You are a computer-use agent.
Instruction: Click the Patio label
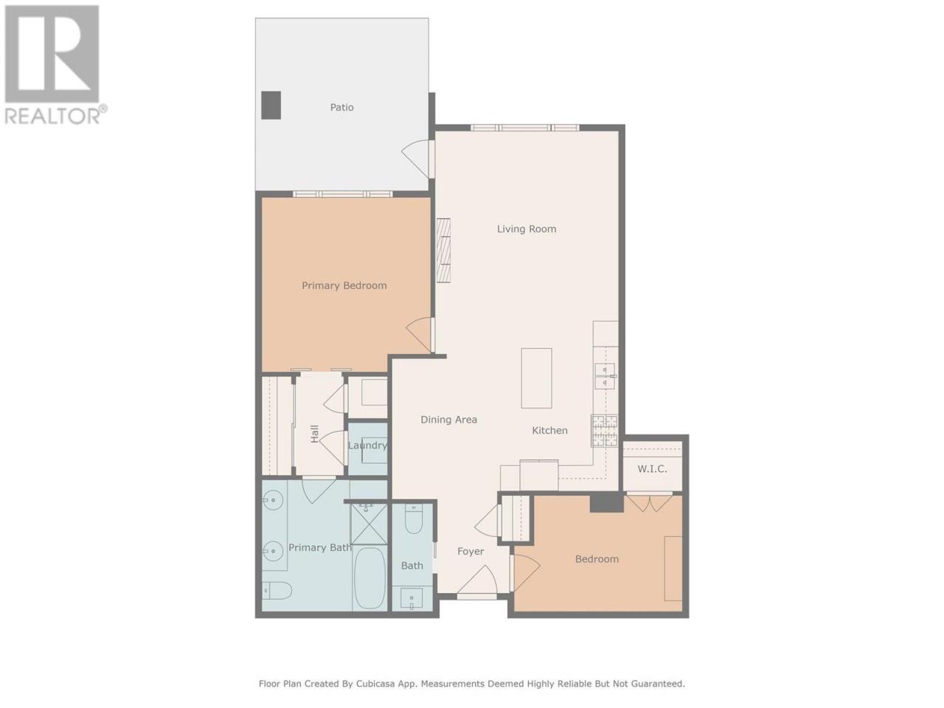click(x=341, y=107)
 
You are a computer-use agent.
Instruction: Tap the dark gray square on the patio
click(x=271, y=105)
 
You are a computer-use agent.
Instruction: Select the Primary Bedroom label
click(x=344, y=285)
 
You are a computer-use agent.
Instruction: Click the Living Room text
click(x=527, y=229)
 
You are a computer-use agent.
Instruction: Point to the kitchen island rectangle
click(x=536, y=378)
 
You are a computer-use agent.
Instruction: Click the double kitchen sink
click(x=605, y=375)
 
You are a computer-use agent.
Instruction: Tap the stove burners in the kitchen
click(x=604, y=430)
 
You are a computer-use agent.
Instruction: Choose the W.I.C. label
click(x=652, y=469)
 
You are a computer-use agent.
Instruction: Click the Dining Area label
click(x=448, y=420)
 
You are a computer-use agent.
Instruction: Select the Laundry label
click(x=367, y=445)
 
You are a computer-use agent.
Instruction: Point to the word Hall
click(x=314, y=434)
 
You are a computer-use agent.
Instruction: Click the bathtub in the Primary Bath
click(x=370, y=577)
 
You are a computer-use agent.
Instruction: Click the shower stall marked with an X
click(x=369, y=523)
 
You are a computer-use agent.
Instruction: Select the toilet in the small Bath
click(x=413, y=519)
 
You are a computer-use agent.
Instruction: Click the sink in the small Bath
click(x=412, y=599)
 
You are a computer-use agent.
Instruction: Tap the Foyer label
click(x=471, y=551)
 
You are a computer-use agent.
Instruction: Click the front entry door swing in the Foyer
click(x=478, y=580)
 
